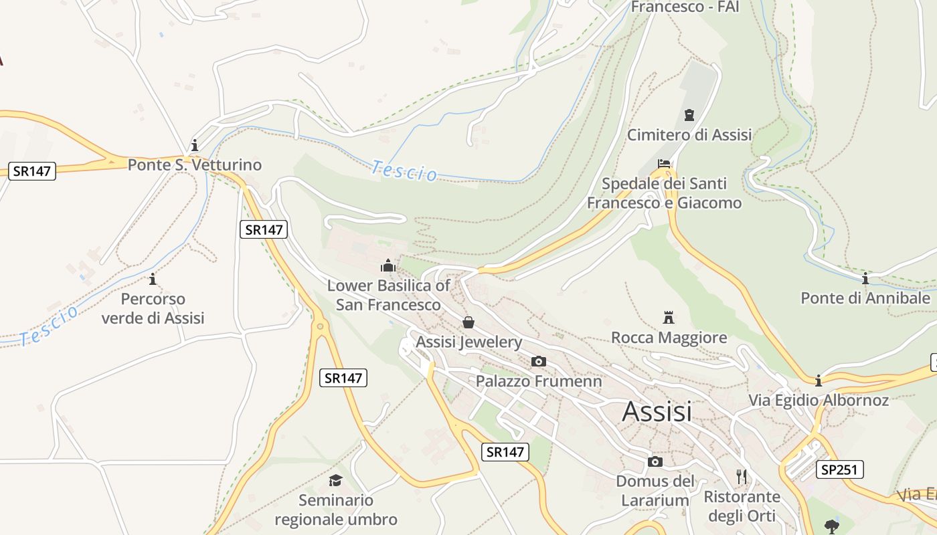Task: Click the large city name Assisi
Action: pos(657,411)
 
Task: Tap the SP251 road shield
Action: pos(839,469)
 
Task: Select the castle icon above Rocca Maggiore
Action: pos(668,317)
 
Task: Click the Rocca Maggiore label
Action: pos(669,338)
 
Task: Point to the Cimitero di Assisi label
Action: pos(689,134)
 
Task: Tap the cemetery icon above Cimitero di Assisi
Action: pos(689,115)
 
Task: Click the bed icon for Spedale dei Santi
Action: pos(664,163)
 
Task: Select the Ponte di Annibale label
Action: pos(865,298)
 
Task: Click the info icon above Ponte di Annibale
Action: pos(865,278)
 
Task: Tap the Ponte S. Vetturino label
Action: pos(195,165)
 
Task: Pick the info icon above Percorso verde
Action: pos(153,279)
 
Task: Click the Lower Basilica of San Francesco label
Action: pos(388,295)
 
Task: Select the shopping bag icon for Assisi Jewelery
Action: pos(468,322)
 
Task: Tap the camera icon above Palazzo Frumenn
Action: pos(538,362)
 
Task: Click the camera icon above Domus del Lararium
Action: pos(655,462)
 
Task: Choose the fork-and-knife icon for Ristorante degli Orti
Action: pos(741,477)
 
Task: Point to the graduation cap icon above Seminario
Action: pos(335,480)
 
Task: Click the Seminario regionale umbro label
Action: pos(336,510)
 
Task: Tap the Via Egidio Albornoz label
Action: pos(818,401)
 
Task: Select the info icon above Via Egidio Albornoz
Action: pos(818,381)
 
